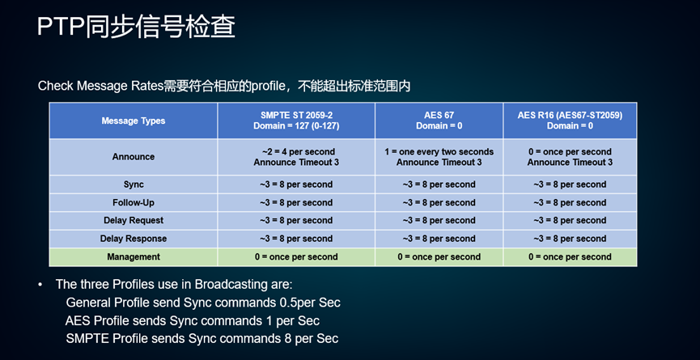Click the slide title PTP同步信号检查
[136, 27]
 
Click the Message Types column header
[133, 121]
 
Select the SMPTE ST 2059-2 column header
[296, 121]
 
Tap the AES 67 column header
[439, 121]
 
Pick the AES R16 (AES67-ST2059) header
[570, 121]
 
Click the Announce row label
[133, 157]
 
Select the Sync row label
[133, 184]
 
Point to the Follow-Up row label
[133, 202]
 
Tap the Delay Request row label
[133, 220]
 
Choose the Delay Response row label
[133, 239]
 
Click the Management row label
[133, 257]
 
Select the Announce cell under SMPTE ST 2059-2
[296, 157]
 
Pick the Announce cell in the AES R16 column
[570, 157]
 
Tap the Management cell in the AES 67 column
[439, 257]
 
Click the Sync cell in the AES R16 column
[570, 184]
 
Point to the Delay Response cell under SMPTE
[296, 239]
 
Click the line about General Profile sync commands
[203, 303]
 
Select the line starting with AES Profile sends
[193, 320]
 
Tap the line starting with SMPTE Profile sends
[202, 339]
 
